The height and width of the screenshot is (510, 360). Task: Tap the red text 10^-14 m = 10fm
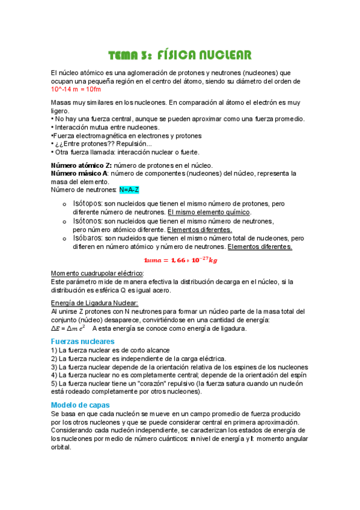(75, 89)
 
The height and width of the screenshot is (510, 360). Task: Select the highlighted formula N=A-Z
(129, 190)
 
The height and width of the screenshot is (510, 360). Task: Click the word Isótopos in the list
(87, 204)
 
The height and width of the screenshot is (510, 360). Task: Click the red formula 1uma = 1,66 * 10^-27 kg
(180, 260)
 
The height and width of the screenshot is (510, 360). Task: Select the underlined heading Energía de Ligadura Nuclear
(95, 303)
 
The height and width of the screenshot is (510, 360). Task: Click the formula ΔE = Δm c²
(68, 328)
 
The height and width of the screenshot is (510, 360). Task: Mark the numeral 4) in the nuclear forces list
(54, 375)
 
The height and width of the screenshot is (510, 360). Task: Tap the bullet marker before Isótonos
(64, 222)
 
